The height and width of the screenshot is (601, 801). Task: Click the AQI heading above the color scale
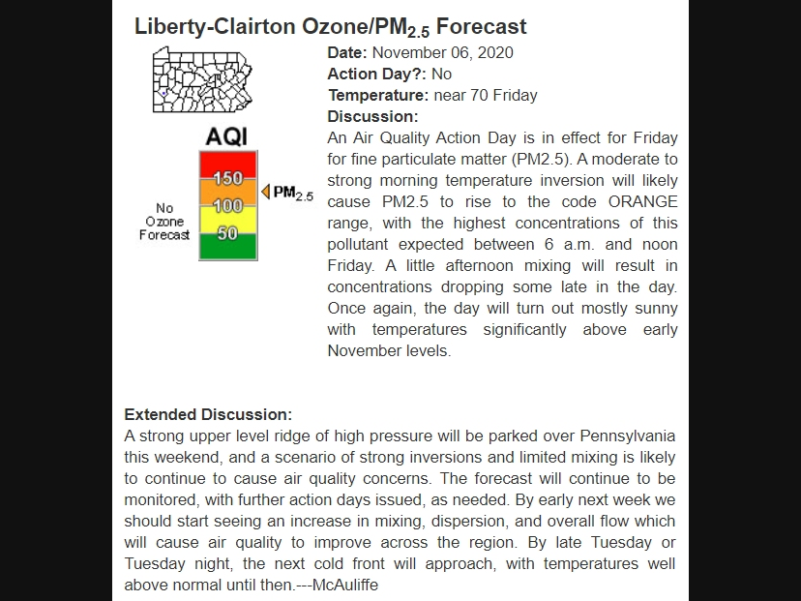point(226,136)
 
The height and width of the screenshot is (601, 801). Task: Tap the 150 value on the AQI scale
point(228,178)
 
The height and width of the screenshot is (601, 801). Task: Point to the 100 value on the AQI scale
point(228,206)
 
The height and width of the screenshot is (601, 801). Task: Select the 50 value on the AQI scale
point(227,233)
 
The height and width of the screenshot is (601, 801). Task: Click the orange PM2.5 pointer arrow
point(266,192)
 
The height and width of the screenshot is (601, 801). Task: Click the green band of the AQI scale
point(228,247)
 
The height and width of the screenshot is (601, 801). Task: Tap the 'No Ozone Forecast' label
point(164,222)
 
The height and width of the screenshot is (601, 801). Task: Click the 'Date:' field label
point(347,53)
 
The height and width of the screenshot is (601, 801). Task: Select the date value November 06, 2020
point(442,53)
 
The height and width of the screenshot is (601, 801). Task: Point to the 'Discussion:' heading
point(372,117)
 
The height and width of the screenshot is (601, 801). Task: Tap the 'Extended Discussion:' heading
point(208,415)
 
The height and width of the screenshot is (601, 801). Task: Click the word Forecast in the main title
point(482,26)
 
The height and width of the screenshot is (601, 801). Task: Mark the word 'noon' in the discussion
point(659,245)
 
